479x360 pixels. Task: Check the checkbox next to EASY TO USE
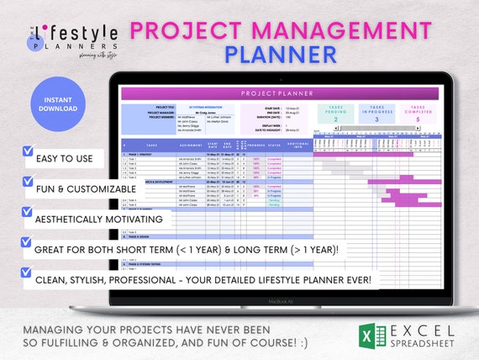[29, 154]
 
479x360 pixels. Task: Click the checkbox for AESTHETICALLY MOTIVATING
[29, 215]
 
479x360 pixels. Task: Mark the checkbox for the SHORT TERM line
[29, 244]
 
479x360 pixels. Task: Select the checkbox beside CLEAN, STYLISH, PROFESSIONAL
[29, 273]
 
